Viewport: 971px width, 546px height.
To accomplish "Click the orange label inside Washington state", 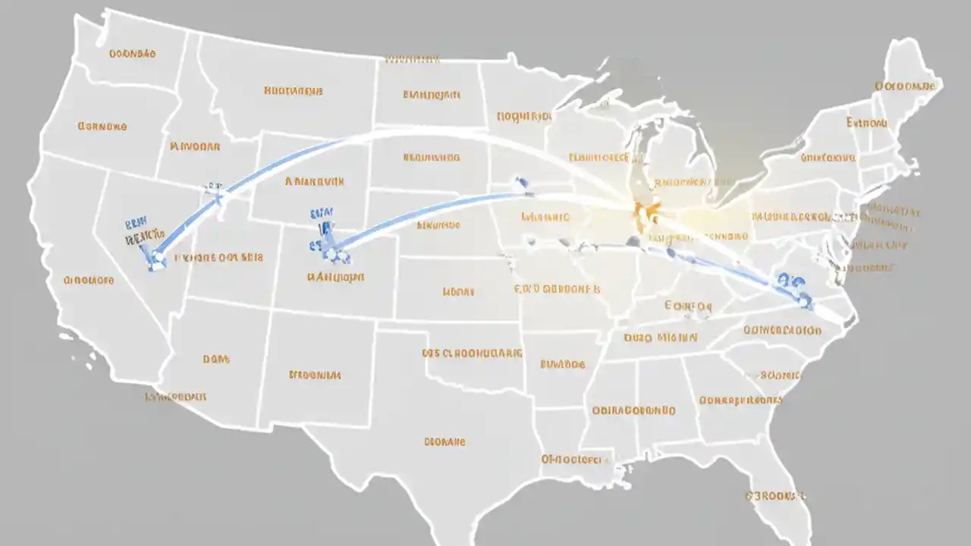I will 133,54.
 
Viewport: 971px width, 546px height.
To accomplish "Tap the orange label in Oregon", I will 102,127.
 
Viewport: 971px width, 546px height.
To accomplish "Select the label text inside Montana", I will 293,91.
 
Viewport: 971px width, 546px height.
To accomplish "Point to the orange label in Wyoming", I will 315,182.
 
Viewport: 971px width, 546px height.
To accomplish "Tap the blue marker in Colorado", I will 332,246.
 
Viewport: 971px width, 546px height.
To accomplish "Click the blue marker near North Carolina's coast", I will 803,301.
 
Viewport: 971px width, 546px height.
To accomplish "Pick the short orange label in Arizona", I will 216,359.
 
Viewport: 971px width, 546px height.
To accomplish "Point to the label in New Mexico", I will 315,375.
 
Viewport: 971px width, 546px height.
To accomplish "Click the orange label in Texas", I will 444,441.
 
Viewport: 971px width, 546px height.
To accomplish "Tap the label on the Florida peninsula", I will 775,496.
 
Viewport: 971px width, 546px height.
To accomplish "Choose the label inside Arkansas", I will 562,364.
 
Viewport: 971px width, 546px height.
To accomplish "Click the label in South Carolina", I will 781,375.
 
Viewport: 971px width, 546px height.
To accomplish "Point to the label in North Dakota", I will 431,96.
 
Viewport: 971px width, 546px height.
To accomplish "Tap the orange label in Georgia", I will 740,400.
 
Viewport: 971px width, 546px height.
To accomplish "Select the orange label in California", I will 89,280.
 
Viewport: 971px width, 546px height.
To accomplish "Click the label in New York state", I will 828,158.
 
